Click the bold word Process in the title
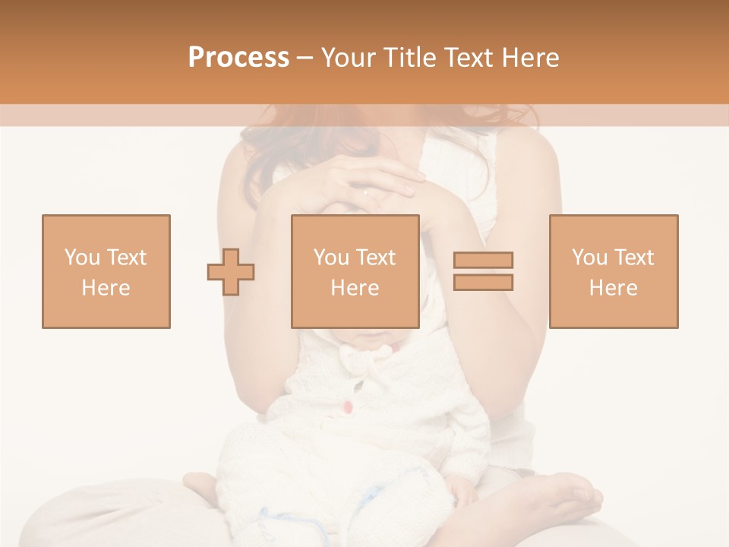point(238,58)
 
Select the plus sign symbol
point(231,271)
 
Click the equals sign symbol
point(483,271)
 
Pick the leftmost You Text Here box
point(106,271)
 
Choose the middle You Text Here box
point(355,271)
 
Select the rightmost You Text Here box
point(613,271)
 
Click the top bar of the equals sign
point(483,261)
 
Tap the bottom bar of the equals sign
point(483,282)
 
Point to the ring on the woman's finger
point(367,192)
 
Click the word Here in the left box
point(106,287)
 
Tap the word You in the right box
point(589,258)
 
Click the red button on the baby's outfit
point(347,408)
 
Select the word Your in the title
point(348,58)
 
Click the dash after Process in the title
point(305,58)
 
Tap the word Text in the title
point(468,58)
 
